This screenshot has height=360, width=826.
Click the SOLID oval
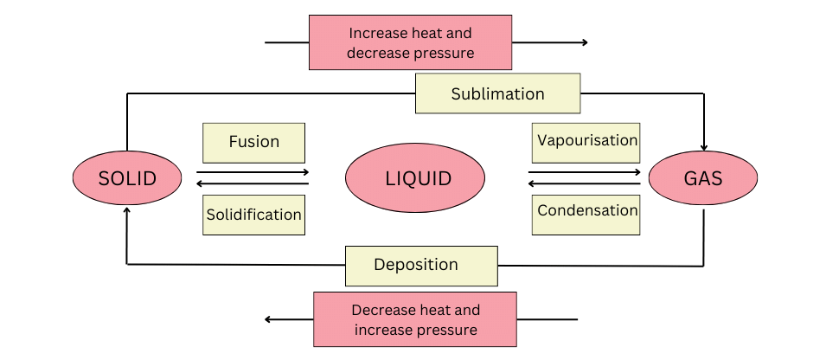click(x=127, y=179)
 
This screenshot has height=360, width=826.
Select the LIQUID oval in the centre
click(x=415, y=179)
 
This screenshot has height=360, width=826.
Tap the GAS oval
click(x=702, y=179)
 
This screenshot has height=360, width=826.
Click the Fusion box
click(x=253, y=142)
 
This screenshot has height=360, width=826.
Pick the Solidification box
click(x=253, y=214)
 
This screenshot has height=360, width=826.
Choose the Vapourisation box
click(x=586, y=140)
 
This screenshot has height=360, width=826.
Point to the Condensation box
click(x=586, y=211)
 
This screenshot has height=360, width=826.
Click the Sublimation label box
click(x=497, y=93)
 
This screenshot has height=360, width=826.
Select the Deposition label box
click(x=421, y=265)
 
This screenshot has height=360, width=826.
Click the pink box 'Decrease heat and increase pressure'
click(x=415, y=319)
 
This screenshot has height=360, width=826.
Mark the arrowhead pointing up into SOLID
click(x=127, y=211)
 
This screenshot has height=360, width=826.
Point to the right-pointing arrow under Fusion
click(x=253, y=173)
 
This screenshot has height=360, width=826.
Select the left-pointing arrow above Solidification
click(x=253, y=183)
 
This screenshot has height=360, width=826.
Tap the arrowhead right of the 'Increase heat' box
click(x=584, y=42)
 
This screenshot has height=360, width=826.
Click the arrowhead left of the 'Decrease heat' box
click(x=269, y=319)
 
